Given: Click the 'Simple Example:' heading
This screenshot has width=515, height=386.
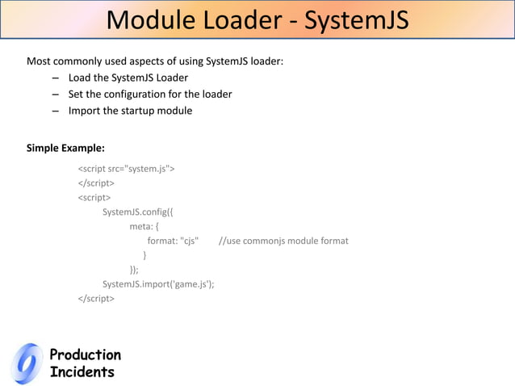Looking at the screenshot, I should [65, 148].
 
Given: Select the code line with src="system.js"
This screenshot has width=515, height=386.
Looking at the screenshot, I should [127, 169].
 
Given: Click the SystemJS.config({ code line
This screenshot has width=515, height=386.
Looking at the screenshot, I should [138, 212].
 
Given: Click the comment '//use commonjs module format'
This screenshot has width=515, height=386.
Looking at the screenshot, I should [283, 241].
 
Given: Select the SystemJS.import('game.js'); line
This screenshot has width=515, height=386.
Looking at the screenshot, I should [158, 283].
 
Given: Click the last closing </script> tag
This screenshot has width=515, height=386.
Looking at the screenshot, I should [96, 298].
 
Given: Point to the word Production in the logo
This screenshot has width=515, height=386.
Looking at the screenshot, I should [85, 355].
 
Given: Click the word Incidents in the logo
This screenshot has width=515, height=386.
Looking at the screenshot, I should [82, 372].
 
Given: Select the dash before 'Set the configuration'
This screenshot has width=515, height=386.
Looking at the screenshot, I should [55, 94].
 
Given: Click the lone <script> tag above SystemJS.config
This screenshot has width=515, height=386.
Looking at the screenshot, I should [94, 197].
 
